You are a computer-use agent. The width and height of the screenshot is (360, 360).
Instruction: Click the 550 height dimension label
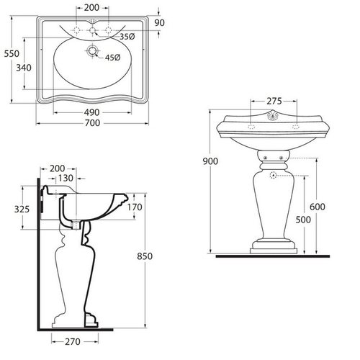click(12, 53)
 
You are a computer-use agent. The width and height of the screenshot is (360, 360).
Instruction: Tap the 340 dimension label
click(24, 68)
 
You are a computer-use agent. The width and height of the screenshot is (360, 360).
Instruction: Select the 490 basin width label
click(91, 112)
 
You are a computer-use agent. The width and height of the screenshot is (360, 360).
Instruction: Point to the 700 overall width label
click(92, 123)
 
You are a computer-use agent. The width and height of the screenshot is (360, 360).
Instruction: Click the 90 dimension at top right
click(159, 23)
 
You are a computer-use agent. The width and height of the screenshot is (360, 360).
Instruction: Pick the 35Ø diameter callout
click(127, 37)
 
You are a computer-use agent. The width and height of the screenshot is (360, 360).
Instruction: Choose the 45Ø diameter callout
click(112, 58)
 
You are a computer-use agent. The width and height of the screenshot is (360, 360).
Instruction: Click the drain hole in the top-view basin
click(92, 50)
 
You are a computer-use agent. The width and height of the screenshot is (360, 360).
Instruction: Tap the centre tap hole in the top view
click(92, 30)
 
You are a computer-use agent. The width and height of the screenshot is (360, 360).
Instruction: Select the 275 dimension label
click(274, 102)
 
